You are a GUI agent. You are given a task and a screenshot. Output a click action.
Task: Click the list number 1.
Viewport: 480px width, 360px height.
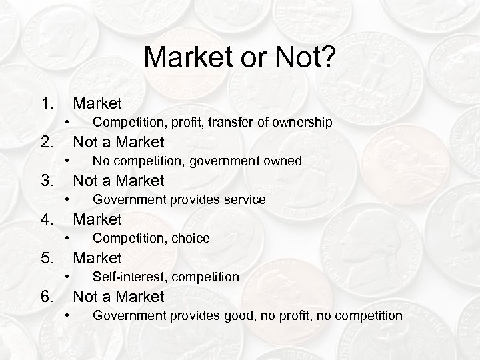[46, 103]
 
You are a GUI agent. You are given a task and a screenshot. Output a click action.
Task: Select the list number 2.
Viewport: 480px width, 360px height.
[46, 142]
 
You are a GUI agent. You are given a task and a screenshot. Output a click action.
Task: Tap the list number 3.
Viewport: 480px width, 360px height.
[46, 181]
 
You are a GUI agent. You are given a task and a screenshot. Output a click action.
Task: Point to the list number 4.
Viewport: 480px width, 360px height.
[46, 219]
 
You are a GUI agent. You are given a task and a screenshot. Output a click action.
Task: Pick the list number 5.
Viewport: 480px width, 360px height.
[46, 258]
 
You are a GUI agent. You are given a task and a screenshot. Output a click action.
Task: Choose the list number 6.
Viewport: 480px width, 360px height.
[46, 297]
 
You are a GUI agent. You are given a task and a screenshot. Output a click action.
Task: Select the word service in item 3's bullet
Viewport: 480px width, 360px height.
[244, 199]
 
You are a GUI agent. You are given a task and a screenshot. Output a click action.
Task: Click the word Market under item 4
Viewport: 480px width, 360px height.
[97, 219]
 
